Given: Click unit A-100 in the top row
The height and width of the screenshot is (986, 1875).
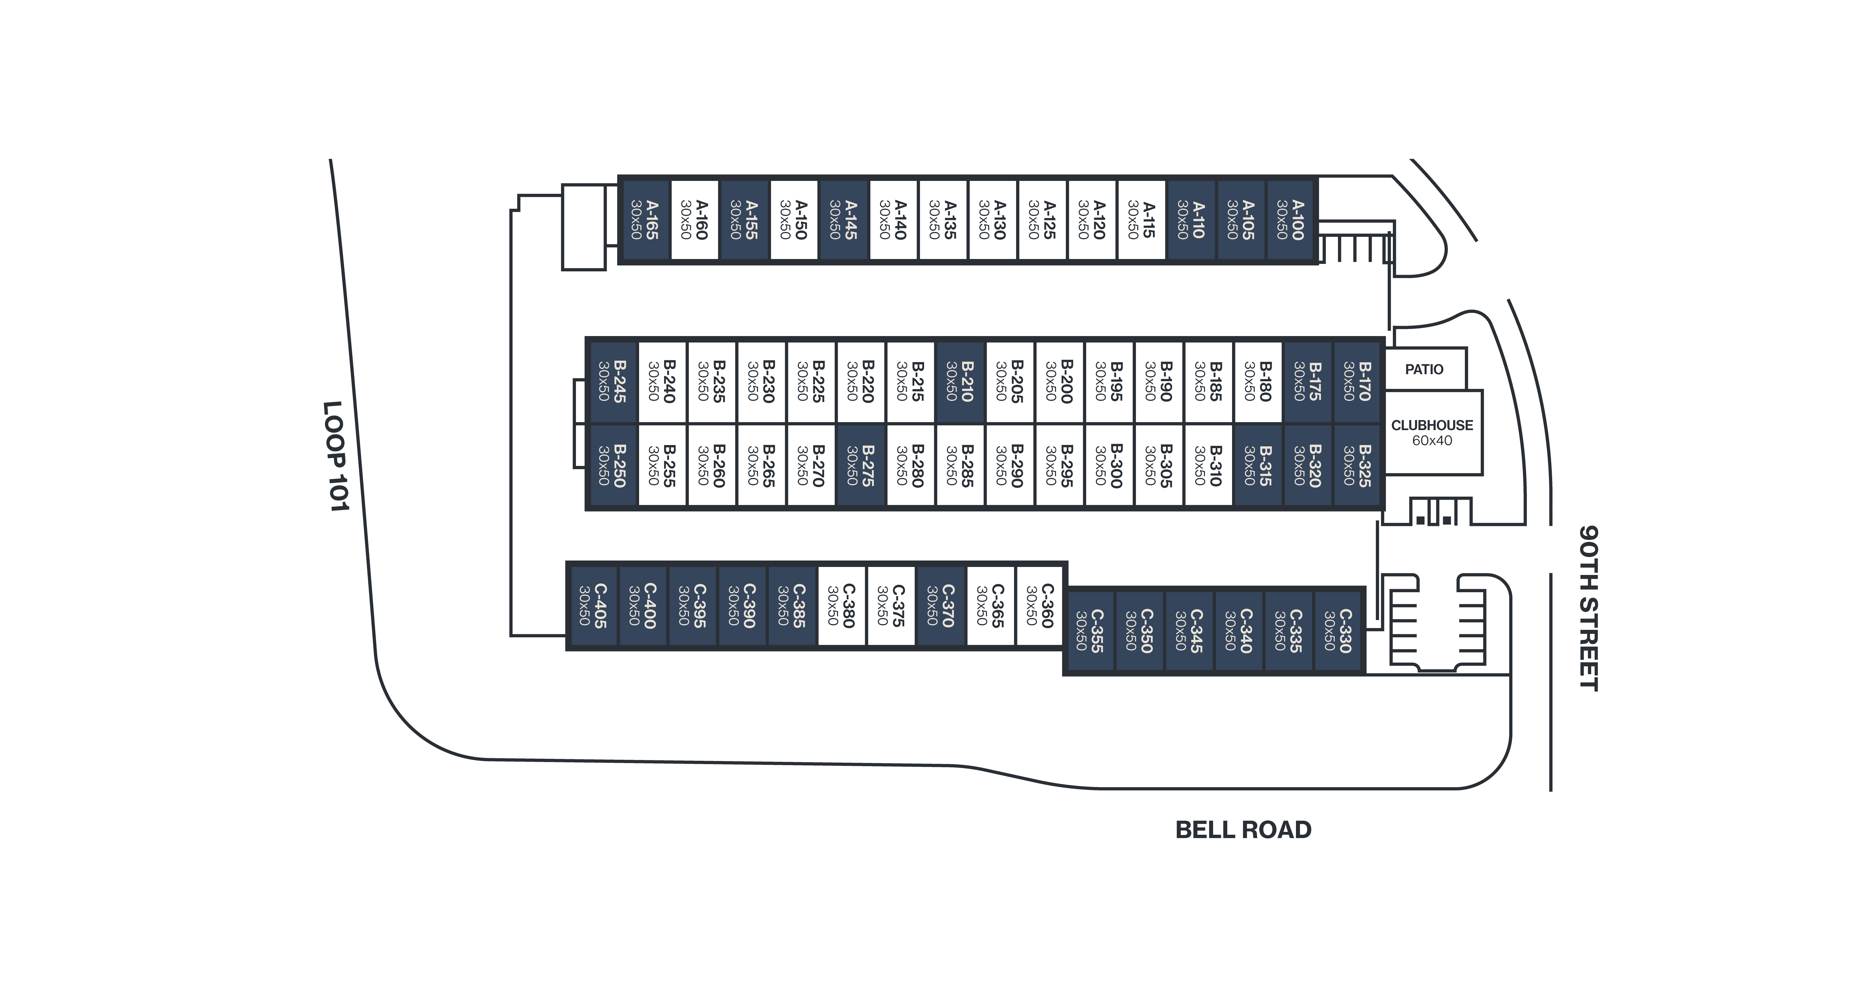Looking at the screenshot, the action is (x=1291, y=220).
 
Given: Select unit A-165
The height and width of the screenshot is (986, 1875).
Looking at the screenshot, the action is (x=646, y=220).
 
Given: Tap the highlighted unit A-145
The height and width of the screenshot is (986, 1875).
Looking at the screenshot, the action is (x=844, y=220).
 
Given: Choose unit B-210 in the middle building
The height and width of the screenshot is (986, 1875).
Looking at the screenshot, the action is (x=960, y=381).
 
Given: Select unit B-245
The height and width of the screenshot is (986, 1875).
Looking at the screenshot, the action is (x=613, y=381).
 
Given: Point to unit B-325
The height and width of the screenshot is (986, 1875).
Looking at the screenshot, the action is (x=1358, y=466).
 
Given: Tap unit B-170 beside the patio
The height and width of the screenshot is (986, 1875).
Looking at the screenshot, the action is (x=1358, y=381).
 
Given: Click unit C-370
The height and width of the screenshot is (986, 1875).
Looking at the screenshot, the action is (x=940, y=605).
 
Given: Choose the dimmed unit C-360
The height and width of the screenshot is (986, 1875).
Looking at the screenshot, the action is (x=1039, y=605).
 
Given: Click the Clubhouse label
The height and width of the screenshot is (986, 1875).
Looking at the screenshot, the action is (x=1432, y=425).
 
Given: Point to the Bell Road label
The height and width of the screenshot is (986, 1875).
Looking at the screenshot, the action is (x=1243, y=830).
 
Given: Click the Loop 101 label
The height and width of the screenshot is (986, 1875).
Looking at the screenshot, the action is (x=336, y=456).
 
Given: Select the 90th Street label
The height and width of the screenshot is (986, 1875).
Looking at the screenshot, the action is (x=1589, y=608).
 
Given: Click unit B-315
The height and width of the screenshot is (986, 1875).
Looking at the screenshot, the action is (x=1258, y=466).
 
